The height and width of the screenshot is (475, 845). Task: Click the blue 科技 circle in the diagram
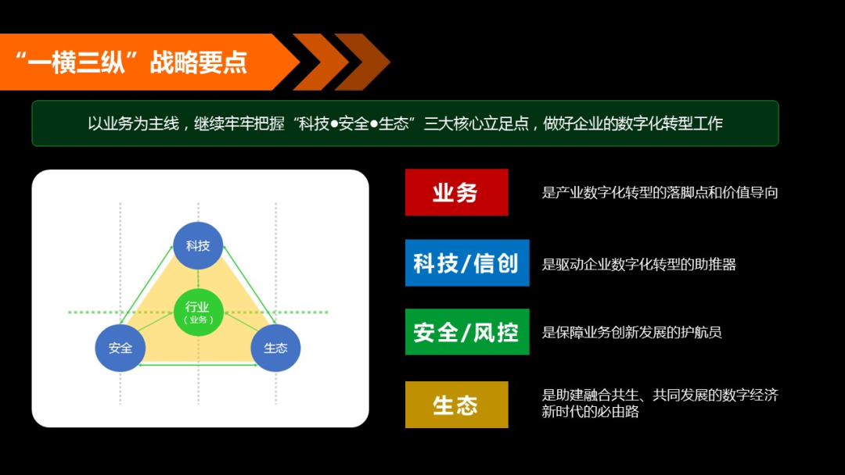pos(198,245)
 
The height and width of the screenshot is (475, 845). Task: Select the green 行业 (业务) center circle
pos(198,312)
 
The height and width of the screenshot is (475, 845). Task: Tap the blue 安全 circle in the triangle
pos(120,348)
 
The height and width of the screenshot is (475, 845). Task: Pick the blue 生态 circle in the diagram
pos(275,348)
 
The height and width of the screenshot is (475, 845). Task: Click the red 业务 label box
pos(456,192)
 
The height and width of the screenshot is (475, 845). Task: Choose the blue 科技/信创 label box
pos(466,263)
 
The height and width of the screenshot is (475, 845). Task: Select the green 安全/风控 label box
pos(466,332)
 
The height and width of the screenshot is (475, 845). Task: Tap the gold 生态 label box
pos(456,405)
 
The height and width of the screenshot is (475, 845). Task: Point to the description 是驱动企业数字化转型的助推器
pos(638,264)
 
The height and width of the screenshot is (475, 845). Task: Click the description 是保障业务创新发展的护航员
pos(631,332)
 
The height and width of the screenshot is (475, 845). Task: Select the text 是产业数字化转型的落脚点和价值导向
pos(660,192)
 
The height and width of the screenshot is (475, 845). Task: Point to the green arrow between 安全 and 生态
pos(198,364)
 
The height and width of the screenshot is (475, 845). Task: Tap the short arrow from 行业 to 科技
pos(198,280)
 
